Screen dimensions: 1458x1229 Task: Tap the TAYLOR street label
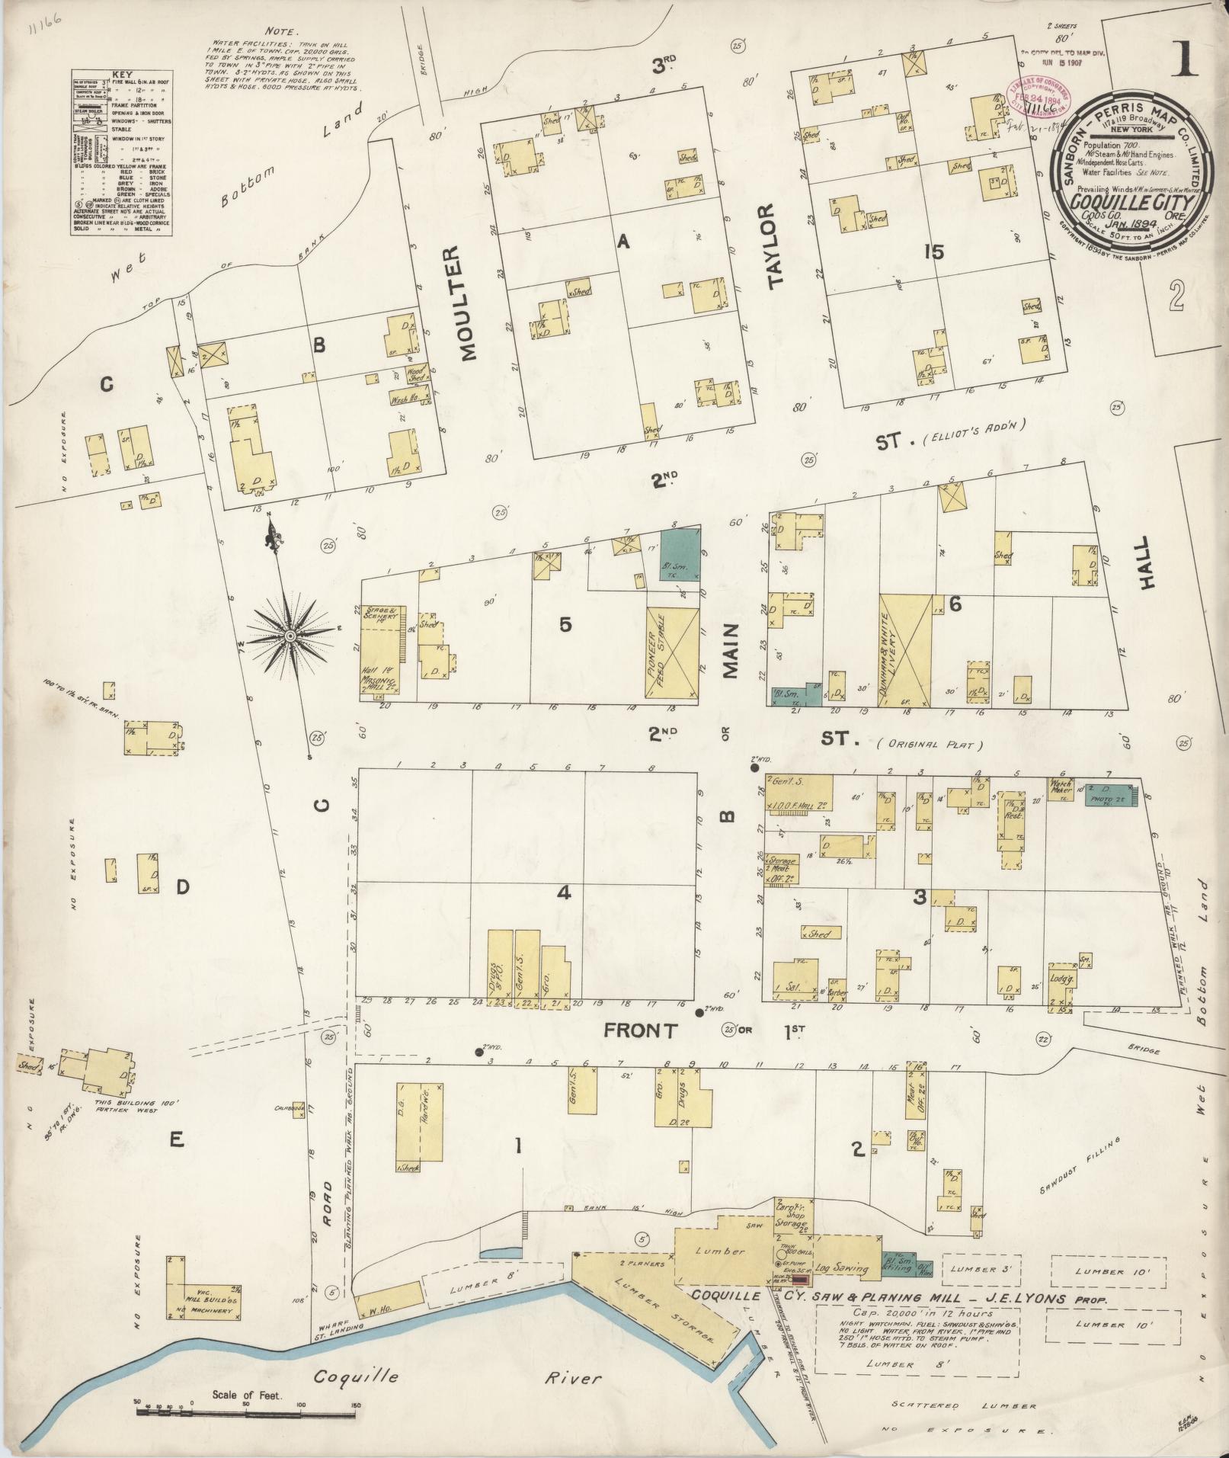click(x=776, y=246)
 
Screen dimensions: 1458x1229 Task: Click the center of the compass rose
click(x=290, y=635)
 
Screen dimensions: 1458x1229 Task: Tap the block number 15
click(x=933, y=252)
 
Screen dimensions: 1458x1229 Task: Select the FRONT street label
click(x=640, y=1031)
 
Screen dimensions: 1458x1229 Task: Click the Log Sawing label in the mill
click(x=841, y=1268)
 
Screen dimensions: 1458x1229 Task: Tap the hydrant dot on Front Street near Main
click(x=699, y=1012)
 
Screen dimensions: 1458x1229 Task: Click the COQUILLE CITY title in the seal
click(x=1126, y=201)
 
